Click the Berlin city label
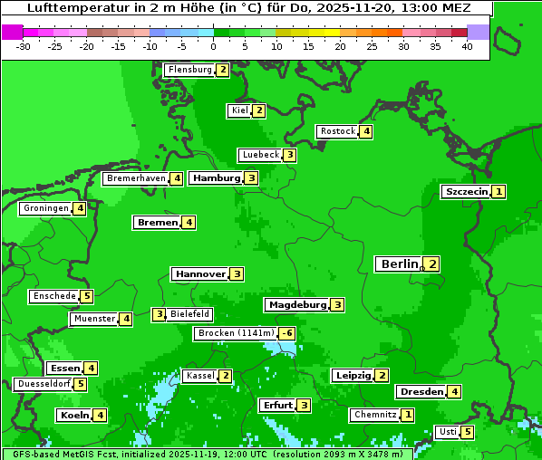tap(399, 264)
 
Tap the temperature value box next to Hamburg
tap(251, 178)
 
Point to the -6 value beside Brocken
tap(286, 333)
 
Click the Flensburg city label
tap(189, 70)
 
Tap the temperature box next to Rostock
tap(365, 131)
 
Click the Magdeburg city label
tap(296, 305)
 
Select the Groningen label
tap(46, 208)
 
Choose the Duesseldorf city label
tap(44, 384)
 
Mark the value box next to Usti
tap(467, 432)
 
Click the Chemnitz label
tap(375, 415)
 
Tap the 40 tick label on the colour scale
tap(467, 46)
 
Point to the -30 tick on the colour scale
tap(24, 46)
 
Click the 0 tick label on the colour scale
tap(214, 46)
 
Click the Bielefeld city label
tap(190, 314)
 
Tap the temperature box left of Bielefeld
tap(159, 315)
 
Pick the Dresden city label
tap(421, 392)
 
